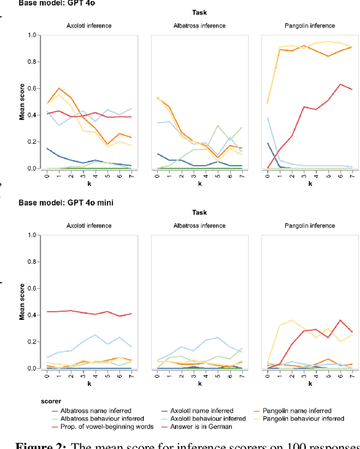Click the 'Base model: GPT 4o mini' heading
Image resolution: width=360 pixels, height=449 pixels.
[66, 202]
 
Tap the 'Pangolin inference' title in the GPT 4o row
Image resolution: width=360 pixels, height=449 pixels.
[308, 26]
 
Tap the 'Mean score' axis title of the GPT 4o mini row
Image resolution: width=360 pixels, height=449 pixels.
[22, 302]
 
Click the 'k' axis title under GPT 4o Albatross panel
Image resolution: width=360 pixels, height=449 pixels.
[197, 183]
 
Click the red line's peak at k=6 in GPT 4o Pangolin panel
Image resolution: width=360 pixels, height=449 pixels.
[339, 84]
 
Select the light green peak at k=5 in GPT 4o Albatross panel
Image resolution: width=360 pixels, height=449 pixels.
[218, 126]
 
